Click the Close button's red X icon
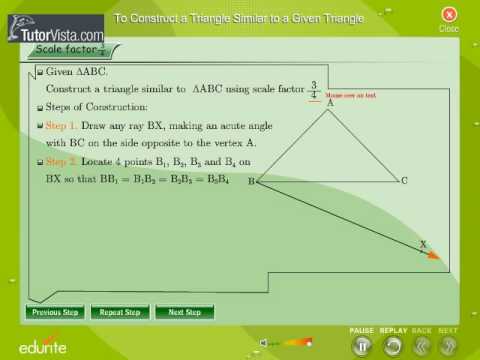tap(449, 14)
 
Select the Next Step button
tap(184, 312)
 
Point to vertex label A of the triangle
tap(329, 102)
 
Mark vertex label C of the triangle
tap(403, 181)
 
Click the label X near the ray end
tap(422, 244)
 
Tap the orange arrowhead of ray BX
tap(433, 256)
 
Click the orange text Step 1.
tap(59, 127)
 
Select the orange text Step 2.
tap(59, 161)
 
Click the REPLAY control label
tap(393, 330)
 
